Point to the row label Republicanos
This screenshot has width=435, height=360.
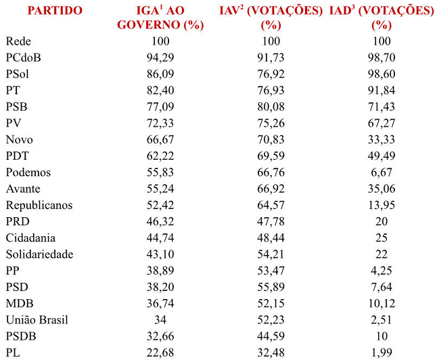tap(40, 204)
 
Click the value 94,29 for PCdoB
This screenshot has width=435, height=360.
tap(160, 58)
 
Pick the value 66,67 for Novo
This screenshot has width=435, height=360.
tap(160, 139)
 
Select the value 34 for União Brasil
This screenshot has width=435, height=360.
tap(160, 319)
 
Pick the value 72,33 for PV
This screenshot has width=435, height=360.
tap(160, 123)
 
